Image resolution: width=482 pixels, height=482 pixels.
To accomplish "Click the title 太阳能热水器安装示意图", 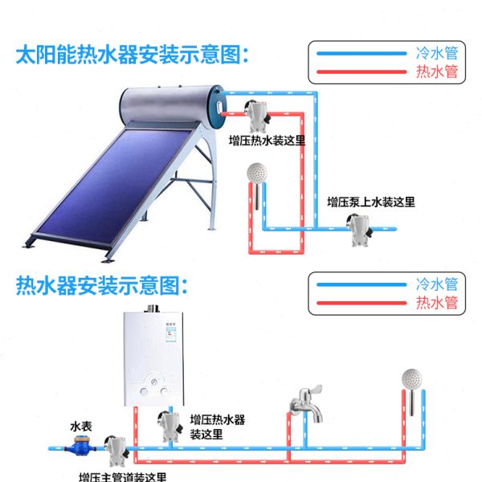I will pyautogui.click(x=133, y=55).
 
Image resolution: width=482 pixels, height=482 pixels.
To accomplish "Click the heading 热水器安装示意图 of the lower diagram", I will pyautogui.click(x=105, y=285).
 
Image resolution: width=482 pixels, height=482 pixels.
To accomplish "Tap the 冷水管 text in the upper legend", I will pyautogui.click(x=437, y=53).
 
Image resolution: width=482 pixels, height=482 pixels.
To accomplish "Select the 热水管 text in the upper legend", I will pyautogui.click(x=437, y=72).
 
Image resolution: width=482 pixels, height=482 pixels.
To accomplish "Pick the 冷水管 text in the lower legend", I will pyautogui.click(x=437, y=284).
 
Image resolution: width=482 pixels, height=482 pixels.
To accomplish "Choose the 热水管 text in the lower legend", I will pyautogui.click(x=437, y=304).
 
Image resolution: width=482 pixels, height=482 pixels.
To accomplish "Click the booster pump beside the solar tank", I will pyautogui.click(x=257, y=116).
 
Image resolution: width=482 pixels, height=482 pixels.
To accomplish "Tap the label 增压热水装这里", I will pyautogui.click(x=268, y=141).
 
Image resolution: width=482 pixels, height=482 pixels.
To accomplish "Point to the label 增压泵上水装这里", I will pyautogui.click(x=371, y=202).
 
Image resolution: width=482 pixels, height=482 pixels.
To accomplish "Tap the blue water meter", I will pyautogui.click(x=82, y=443).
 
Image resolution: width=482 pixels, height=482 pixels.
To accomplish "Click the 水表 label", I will pyautogui.click(x=82, y=426).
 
